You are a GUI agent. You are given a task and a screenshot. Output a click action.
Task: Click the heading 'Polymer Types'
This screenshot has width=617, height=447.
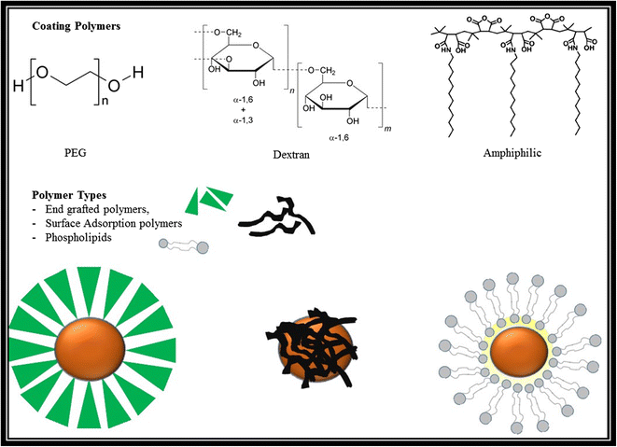tap(68, 198)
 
